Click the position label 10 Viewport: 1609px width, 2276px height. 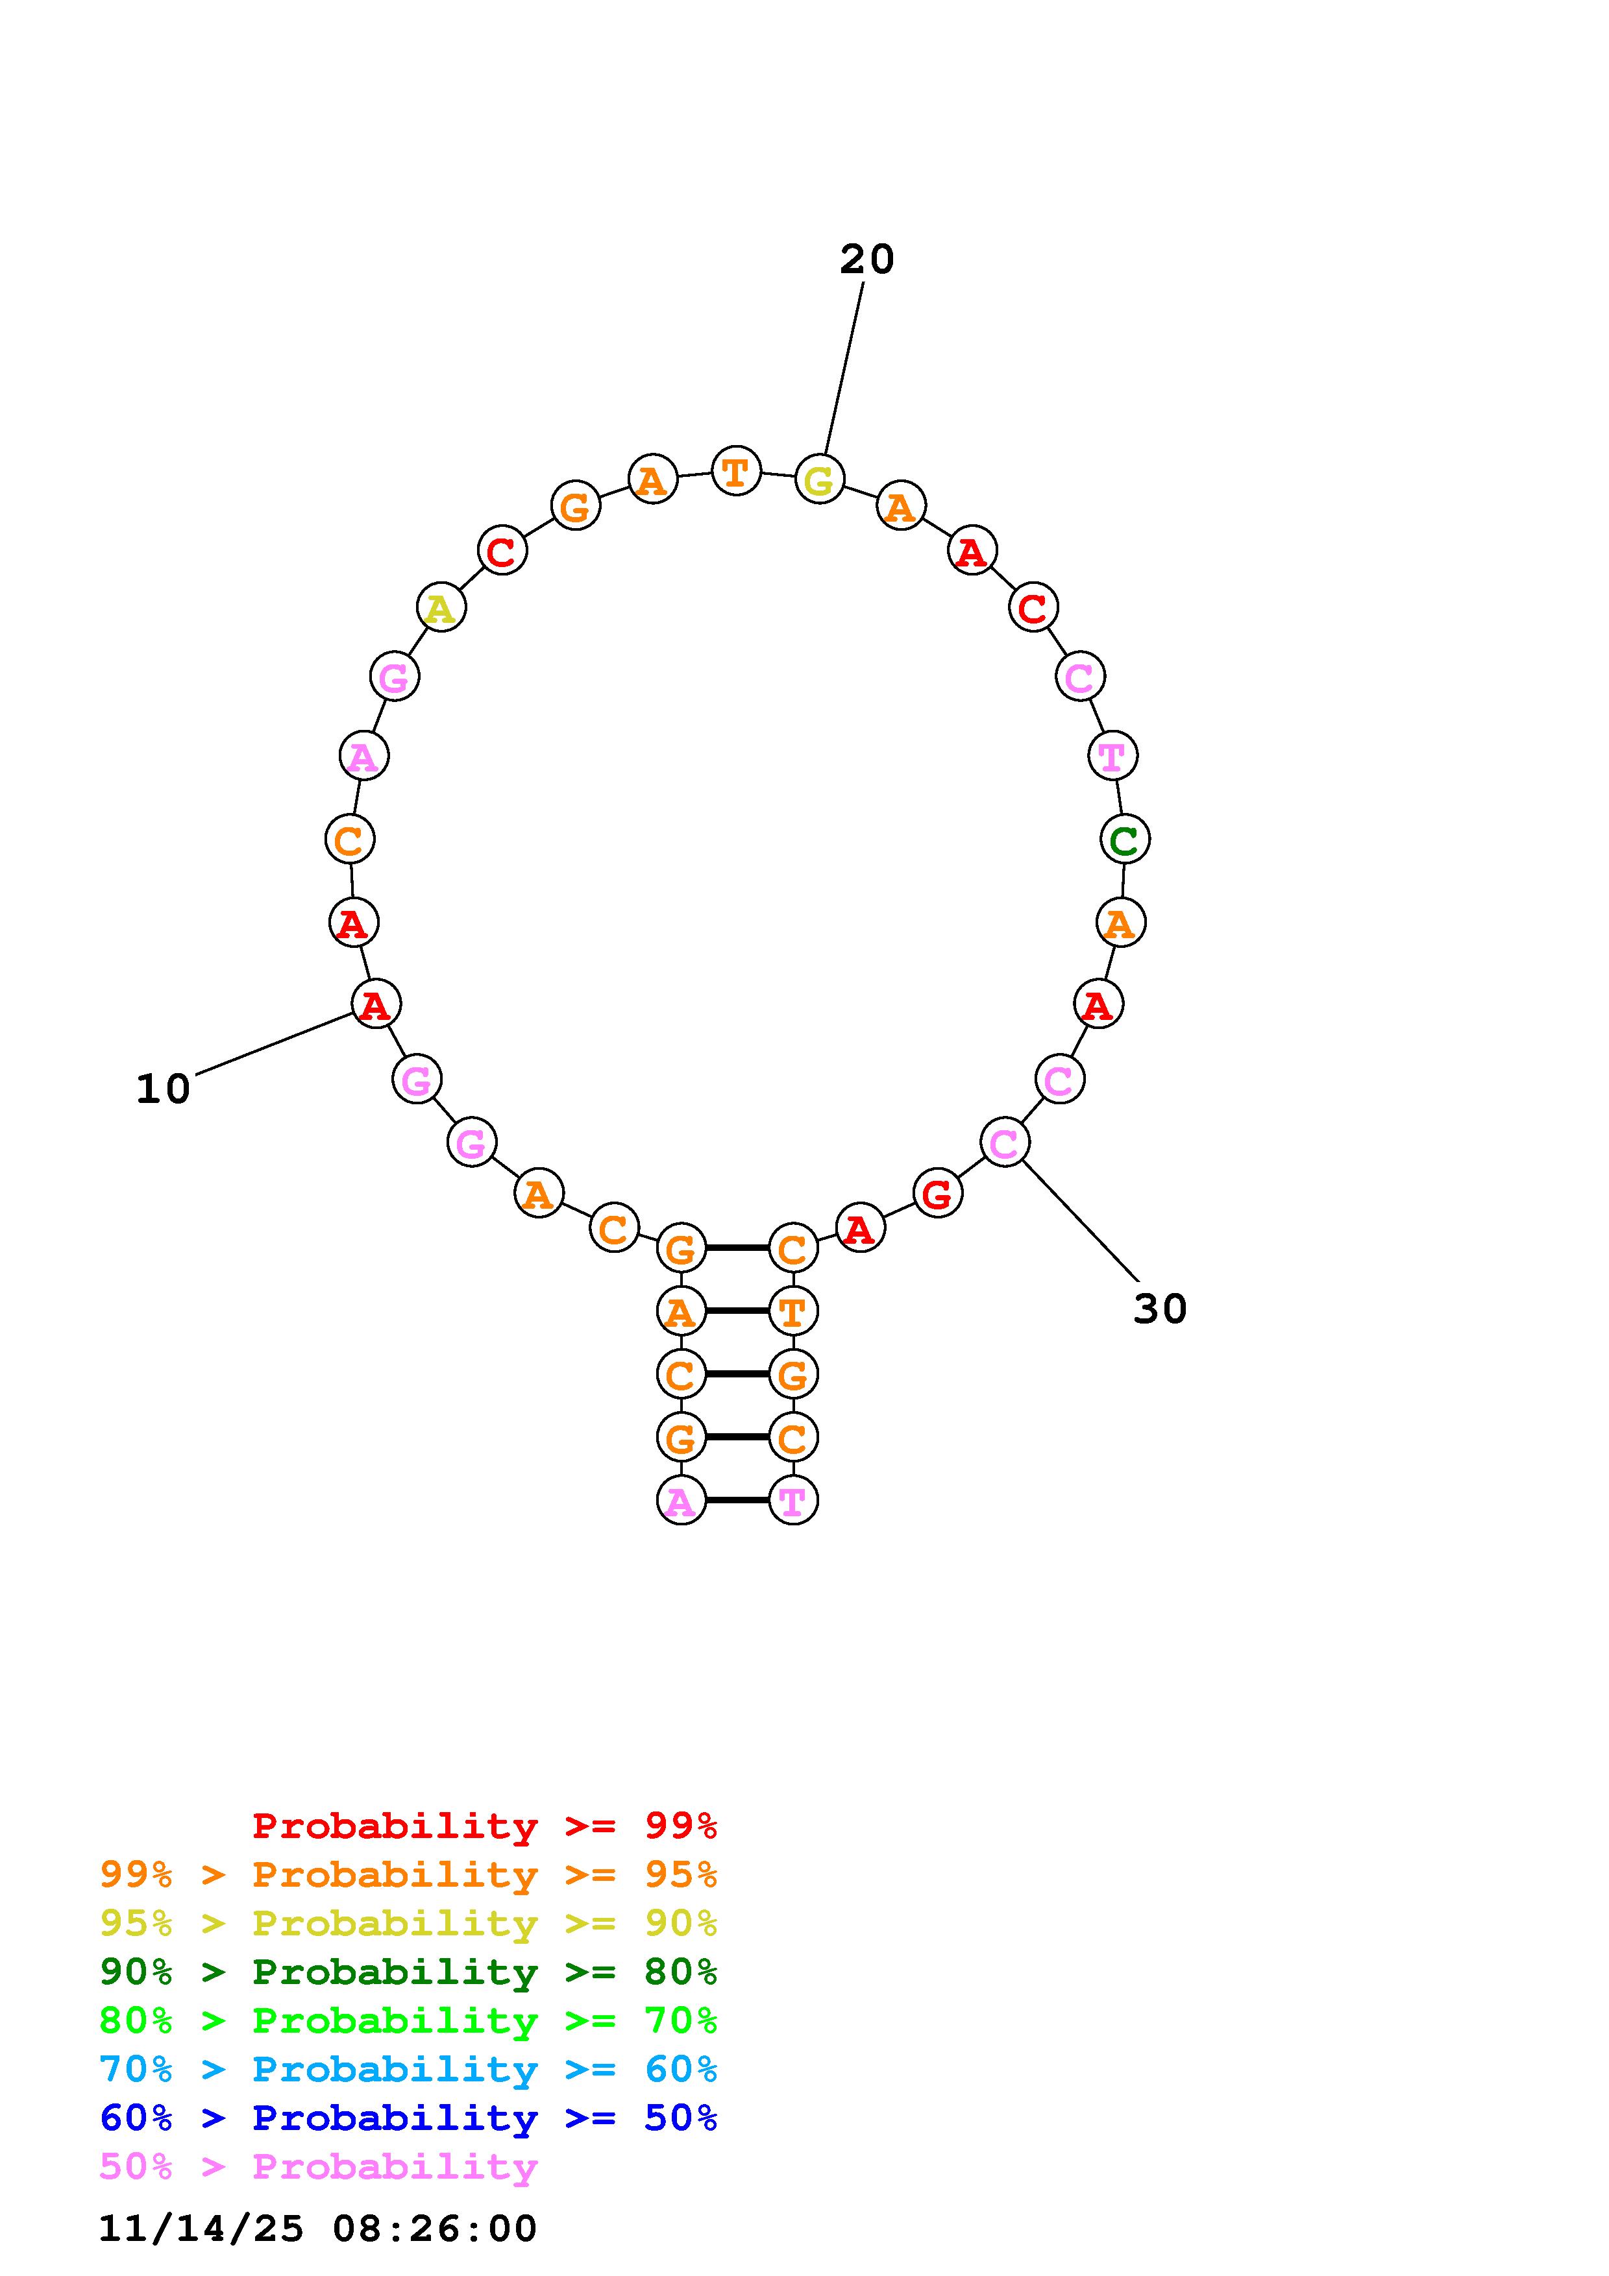(x=162, y=1089)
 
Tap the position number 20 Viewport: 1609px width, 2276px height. (x=866, y=260)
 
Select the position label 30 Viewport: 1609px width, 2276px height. (x=1160, y=1309)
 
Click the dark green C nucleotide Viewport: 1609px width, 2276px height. (x=1124, y=840)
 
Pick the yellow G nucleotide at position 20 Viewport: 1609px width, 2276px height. (x=819, y=479)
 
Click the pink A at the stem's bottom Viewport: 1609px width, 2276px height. (x=681, y=1501)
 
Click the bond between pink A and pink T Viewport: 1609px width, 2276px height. (x=737, y=1501)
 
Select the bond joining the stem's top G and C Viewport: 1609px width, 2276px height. (x=737, y=1247)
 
